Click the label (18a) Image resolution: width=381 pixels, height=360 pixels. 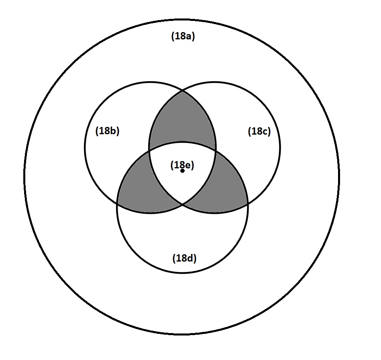[x=183, y=37]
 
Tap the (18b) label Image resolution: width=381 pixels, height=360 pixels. [x=107, y=131]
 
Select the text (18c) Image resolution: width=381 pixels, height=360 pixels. [x=259, y=131]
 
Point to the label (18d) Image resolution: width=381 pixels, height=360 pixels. [x=184, y=258]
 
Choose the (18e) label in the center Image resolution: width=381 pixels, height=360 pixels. [x=182, y=165]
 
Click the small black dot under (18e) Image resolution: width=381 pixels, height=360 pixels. [x=183, y=171]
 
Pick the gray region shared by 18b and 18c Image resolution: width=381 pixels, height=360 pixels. [x=183, y=119]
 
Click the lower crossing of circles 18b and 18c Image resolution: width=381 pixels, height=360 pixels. [x=183, y=205]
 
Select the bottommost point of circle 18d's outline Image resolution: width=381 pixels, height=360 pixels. [x=183, y=273]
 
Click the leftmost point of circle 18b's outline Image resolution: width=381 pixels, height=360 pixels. [x=85, y=147]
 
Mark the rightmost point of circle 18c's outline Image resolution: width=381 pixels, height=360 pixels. [x=280, y=147]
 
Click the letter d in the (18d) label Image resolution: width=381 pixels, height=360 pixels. [x=190, y=258]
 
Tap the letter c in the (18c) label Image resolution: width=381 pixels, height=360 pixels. [x=265, y=131]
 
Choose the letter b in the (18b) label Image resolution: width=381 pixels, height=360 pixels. [x=113, y=131]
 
